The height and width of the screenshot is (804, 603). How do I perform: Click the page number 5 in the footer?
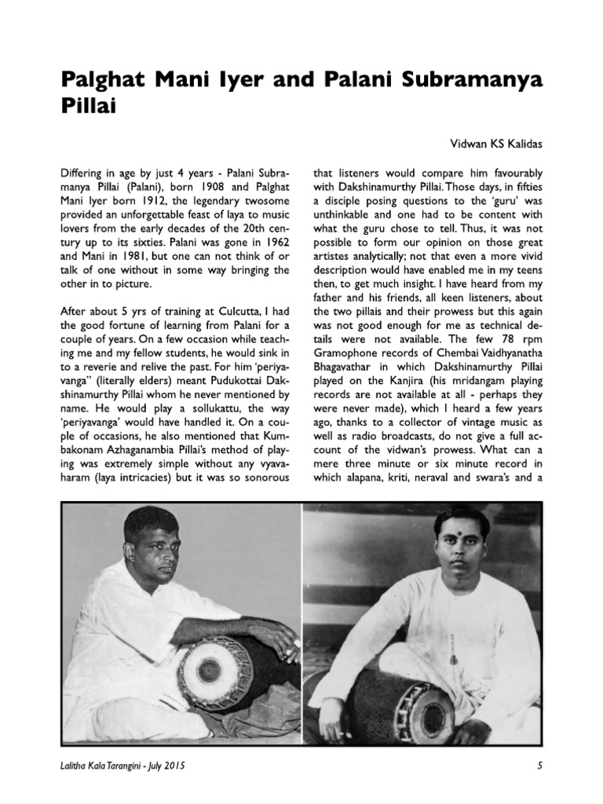click(539, 765)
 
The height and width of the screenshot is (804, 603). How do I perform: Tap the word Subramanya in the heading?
click(473, 81)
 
